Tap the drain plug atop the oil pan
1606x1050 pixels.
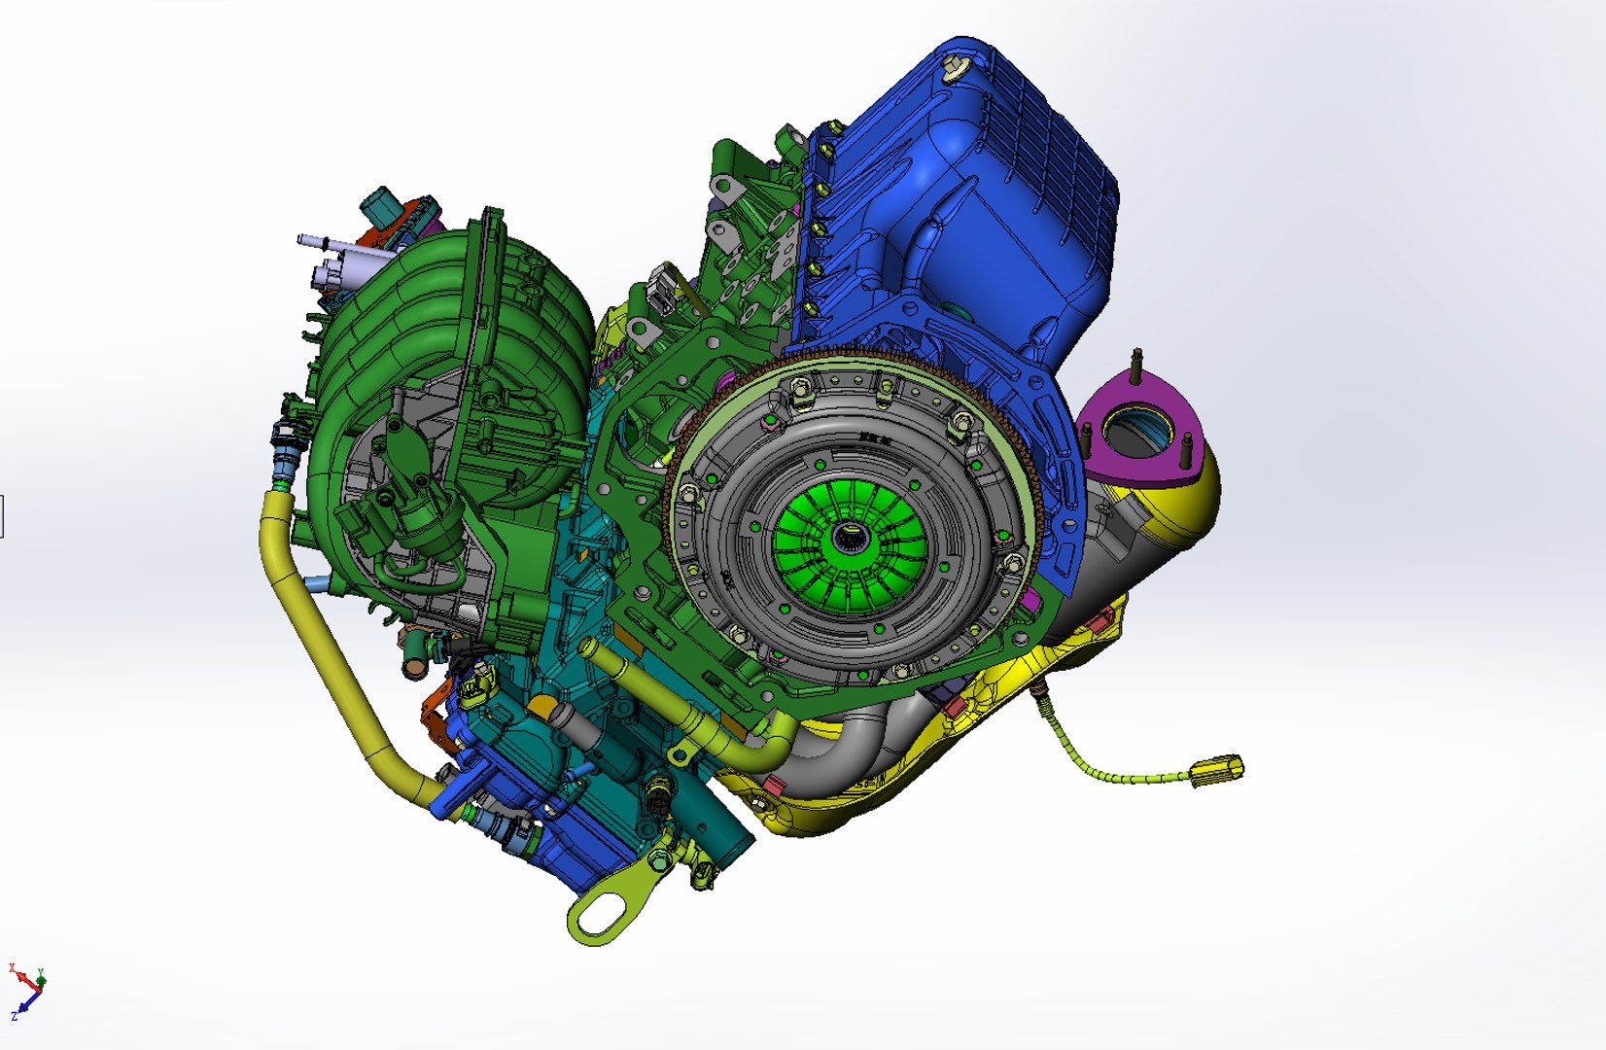point(955,66)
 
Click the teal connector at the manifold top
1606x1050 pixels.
point(381,205)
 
